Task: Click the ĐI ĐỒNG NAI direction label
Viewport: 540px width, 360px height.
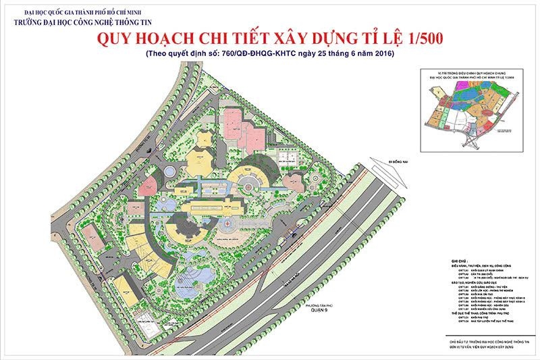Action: pyautogui.click(x=389, y=161)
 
